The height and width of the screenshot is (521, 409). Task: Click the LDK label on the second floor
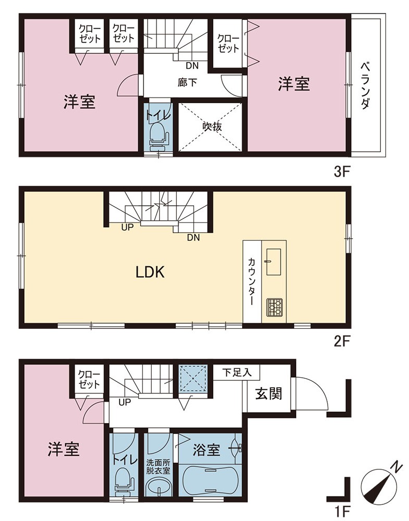[150, 272]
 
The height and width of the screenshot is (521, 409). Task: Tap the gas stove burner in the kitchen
[274, 307]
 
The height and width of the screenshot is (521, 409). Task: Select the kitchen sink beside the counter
[273, 262]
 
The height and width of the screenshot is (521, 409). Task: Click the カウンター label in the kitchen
[252, 281]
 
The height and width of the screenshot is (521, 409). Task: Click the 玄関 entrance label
[269, 394]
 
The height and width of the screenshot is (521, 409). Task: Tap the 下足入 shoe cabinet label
[237, 373]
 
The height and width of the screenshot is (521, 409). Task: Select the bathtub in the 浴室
[210, 480]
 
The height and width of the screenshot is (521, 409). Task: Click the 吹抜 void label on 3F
[213, 127]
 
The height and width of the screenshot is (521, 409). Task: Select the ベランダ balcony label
[365, 86]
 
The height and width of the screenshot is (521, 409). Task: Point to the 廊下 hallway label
[187, 82]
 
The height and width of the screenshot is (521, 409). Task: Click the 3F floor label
[341, 172]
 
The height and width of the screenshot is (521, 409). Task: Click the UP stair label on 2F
[127, 227]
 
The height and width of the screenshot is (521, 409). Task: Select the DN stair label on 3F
[192, 66]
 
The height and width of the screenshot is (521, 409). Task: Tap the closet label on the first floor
[89, 379]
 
